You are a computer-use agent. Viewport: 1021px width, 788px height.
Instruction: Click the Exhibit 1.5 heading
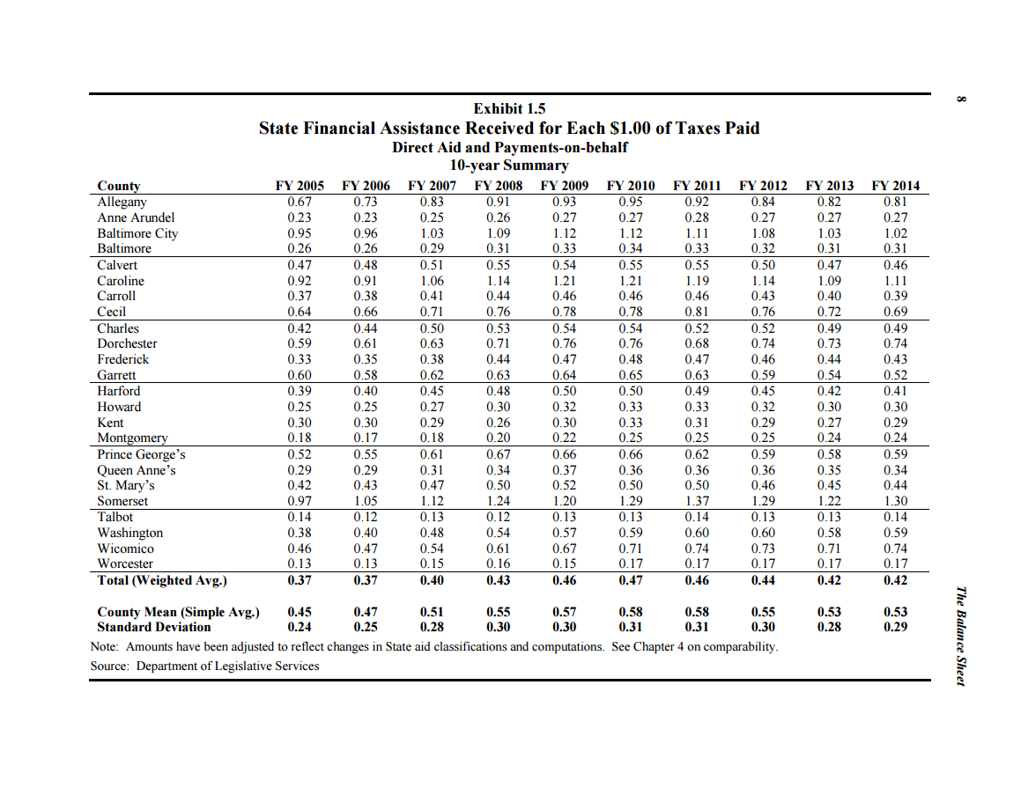(509, 108)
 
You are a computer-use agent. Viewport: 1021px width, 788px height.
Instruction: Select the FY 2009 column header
(565, 186)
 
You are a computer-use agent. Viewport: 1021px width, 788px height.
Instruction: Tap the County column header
(119, 186)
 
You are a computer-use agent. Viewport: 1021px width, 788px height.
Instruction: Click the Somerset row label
(122, 501)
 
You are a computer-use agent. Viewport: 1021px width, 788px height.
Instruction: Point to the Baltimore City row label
(137, 233)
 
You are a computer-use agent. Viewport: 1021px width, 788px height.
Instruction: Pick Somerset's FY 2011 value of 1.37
(697, 501)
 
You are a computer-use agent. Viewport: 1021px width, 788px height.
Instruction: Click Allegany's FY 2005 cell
(300, 202)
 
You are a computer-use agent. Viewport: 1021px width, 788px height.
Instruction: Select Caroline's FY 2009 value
(565, 281)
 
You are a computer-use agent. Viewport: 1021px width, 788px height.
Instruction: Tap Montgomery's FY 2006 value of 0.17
(366, 438)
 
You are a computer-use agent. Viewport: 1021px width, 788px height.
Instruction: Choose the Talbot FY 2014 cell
(895, 517)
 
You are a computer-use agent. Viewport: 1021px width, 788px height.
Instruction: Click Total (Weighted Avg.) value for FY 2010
(631, 580)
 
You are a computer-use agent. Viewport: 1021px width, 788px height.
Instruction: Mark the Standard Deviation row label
(154, 627)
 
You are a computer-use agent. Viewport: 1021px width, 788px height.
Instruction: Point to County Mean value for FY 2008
(498, 612)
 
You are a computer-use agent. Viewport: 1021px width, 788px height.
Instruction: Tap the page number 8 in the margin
(961, 99)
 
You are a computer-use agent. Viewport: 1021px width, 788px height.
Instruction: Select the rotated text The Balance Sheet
(961, 637)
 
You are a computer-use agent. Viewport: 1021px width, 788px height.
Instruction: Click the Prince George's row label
(141, 454)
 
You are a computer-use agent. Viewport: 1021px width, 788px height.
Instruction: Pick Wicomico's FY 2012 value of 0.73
(763, 549)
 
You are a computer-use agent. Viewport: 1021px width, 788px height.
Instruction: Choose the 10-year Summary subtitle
(509, 166)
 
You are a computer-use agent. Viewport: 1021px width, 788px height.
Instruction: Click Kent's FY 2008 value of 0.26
(498, 423)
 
